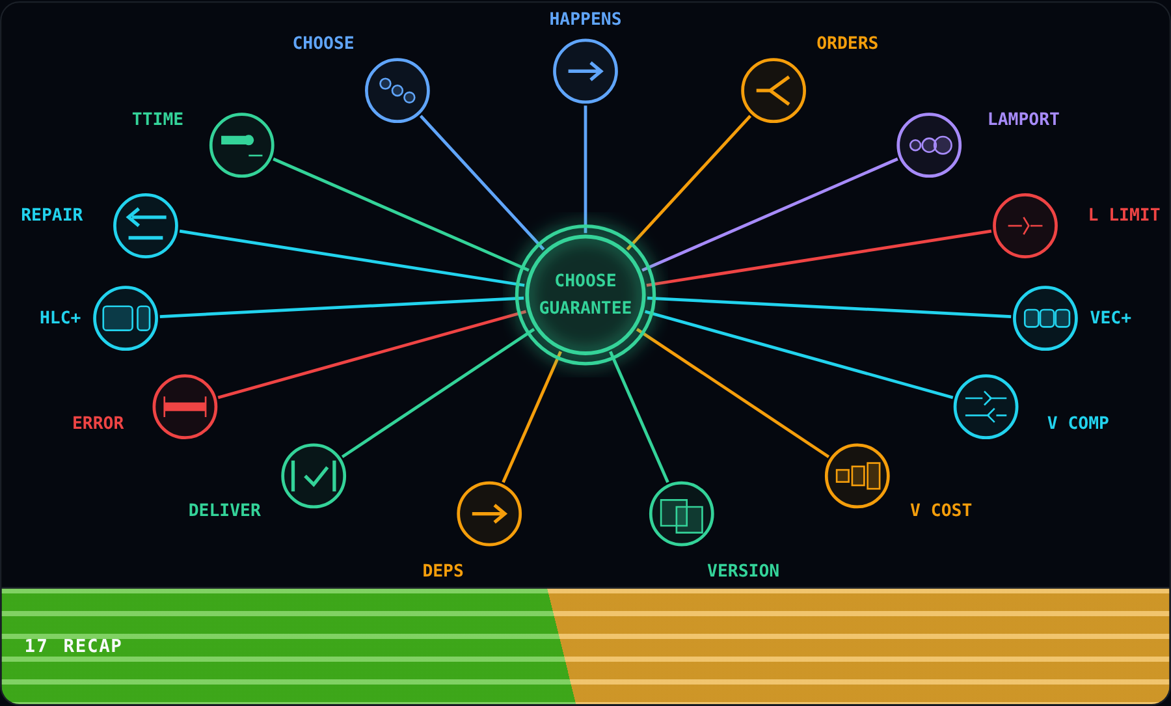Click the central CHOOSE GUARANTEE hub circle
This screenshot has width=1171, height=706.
pos(585,295)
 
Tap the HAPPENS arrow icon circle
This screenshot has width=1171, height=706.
pos(585,72)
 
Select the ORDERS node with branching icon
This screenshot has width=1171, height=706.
pos(774,90)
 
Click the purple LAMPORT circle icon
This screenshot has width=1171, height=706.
pos(929,145)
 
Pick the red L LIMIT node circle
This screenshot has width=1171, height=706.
pos(1025,226)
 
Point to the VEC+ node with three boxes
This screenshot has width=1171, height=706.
pos(1045,318)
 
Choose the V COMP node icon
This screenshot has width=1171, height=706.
pos(986,407)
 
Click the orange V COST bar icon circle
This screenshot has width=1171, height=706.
pos(857,476)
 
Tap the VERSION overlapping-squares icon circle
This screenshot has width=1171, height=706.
pos(682,514)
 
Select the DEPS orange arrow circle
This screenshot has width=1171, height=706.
pos(489,514)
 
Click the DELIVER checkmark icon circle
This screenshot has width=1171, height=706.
pos(314,476)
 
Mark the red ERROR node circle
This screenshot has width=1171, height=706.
pos(185,407)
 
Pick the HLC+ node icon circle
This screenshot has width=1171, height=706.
pos(126,318)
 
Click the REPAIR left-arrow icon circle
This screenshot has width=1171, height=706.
pos(146,226)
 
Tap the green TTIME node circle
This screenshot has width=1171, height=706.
pos(242,145)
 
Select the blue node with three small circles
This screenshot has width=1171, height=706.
pos(397,90)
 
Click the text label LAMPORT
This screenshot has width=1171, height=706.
pos(1023,119)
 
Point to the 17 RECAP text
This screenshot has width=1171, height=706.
pos(74,645)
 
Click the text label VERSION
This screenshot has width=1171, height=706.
pos(743,571)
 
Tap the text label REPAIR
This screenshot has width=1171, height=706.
pos(52,215)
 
